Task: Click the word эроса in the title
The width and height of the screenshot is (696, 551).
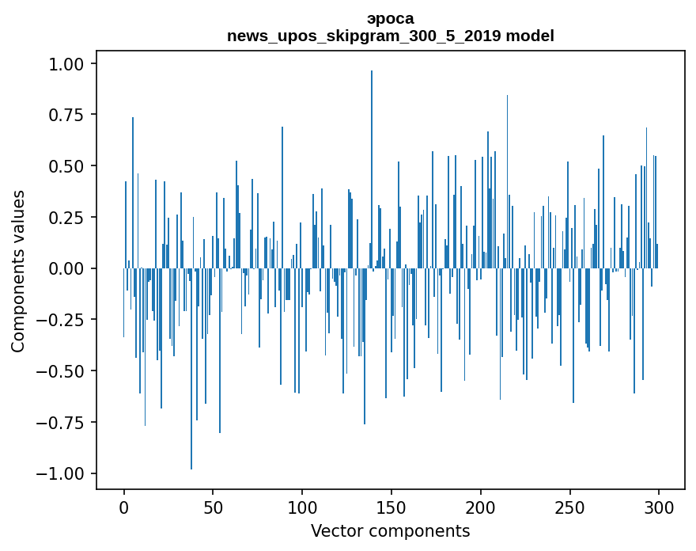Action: [x=391, y=19]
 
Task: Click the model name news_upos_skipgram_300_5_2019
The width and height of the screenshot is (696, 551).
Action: [x=365, y=36]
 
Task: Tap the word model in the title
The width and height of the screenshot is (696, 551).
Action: [x=530, y=35]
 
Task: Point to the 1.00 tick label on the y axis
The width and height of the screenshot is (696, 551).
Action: [x=66, y=64]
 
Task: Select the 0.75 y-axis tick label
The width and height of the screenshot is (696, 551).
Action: [x=66, y=116]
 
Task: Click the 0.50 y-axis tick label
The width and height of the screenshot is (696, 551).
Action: [x=66, y=166]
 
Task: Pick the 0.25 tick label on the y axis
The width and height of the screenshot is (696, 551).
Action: [x=66, y=218]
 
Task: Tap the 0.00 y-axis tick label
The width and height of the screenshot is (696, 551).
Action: [x=66, y=269]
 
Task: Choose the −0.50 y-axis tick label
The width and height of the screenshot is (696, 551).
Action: [x=59, y=371]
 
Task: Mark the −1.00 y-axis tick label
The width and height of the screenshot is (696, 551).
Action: [x=59, y=474]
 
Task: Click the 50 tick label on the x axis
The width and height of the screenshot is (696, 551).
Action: [x=213, y=507]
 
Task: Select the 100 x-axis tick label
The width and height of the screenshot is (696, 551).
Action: [x=302, y=507]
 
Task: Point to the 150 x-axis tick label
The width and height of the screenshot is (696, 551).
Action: [x=391, y=507]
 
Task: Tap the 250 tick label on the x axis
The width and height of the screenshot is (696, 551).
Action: [x=569, y=507]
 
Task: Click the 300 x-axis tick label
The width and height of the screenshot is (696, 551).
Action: [x=659, y=507]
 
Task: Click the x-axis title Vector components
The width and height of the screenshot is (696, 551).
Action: [x=390, y=531]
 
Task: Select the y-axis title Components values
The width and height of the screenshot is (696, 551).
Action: [x=17, y=272]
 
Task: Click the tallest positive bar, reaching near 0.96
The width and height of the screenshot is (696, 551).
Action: [x=372, y=169]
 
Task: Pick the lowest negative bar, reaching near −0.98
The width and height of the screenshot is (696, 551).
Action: [x=191, y=368]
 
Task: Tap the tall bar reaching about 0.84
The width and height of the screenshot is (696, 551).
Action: [x=507, y=182]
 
